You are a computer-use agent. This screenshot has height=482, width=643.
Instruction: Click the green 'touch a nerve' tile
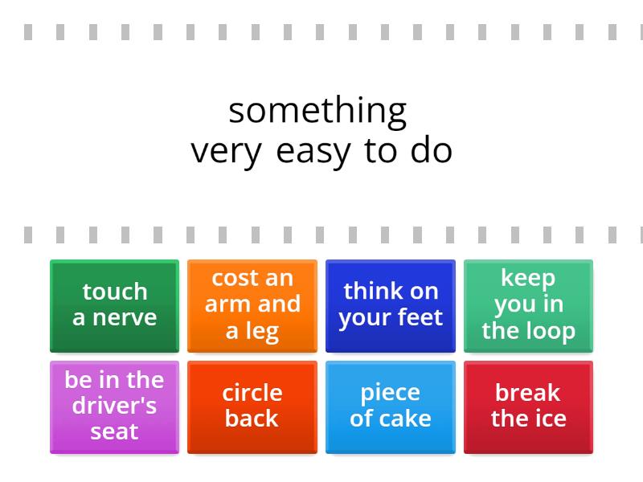114,305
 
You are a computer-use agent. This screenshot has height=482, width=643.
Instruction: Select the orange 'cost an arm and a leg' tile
252,305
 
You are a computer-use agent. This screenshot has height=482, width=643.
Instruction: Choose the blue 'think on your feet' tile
391,305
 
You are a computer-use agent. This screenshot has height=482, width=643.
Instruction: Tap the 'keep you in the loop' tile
528,305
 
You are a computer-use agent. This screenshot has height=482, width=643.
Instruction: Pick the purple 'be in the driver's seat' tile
114,406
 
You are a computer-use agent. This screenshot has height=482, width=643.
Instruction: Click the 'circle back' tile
252,406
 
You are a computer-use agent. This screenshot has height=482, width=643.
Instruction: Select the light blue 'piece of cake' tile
391,406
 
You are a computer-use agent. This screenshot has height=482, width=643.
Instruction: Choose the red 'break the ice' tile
528,406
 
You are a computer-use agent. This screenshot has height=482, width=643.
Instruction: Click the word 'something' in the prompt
317,110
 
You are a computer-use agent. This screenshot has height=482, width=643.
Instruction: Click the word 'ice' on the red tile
549,419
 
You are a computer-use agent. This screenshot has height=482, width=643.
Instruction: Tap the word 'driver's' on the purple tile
114,406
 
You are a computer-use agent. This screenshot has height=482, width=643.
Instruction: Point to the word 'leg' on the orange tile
262,331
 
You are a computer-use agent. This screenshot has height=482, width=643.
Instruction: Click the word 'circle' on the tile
252,393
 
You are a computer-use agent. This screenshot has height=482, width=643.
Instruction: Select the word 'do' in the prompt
432,151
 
